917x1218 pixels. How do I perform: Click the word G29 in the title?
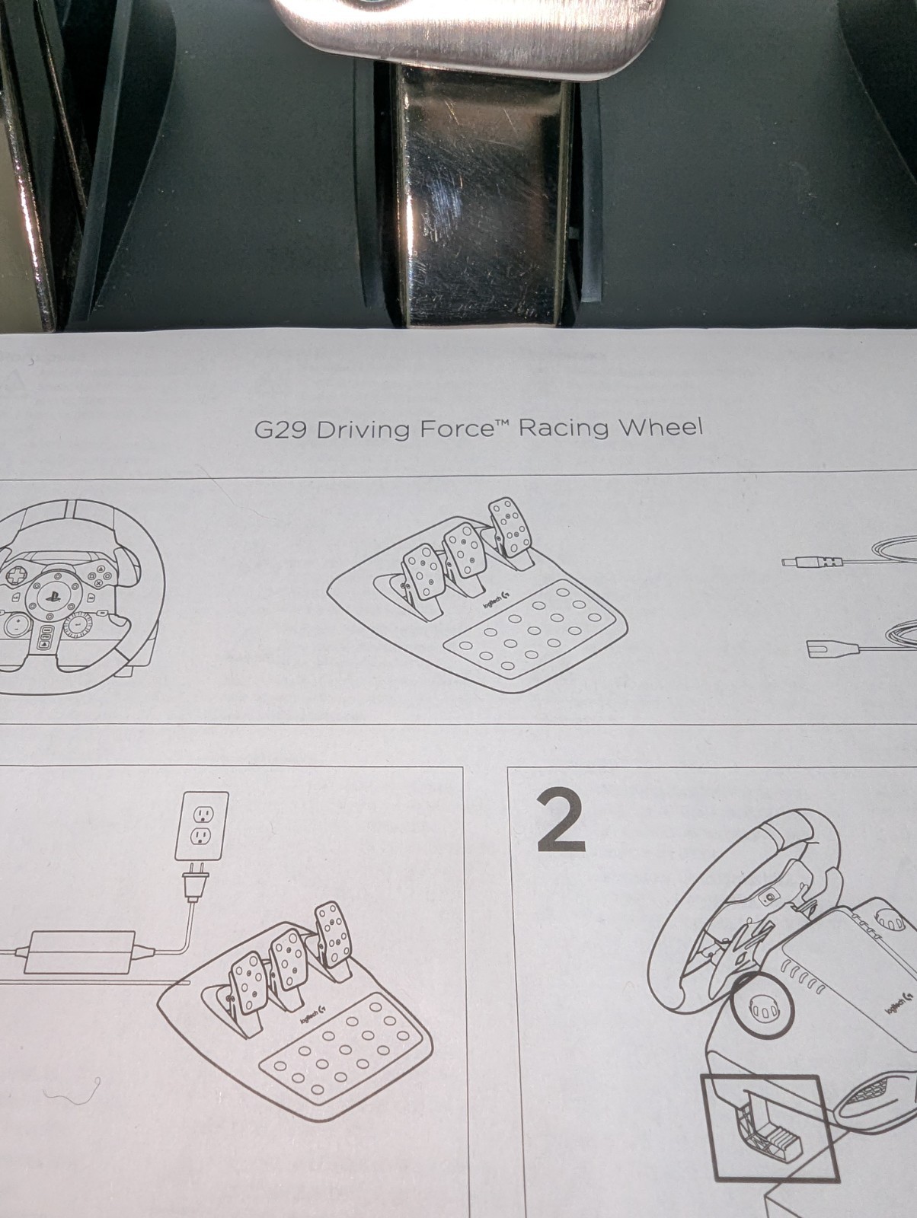pyautogui.click(x=280, y=430)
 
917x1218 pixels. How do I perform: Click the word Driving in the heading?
pyautogui.click(x=363, y=431)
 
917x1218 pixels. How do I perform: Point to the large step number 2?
pyautogui.click(x=561, y=822)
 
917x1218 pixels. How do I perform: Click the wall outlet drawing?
pyautogui.click(x=202, y=826)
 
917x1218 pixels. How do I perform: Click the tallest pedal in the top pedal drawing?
pyautogui.click(x=511, y=527)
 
